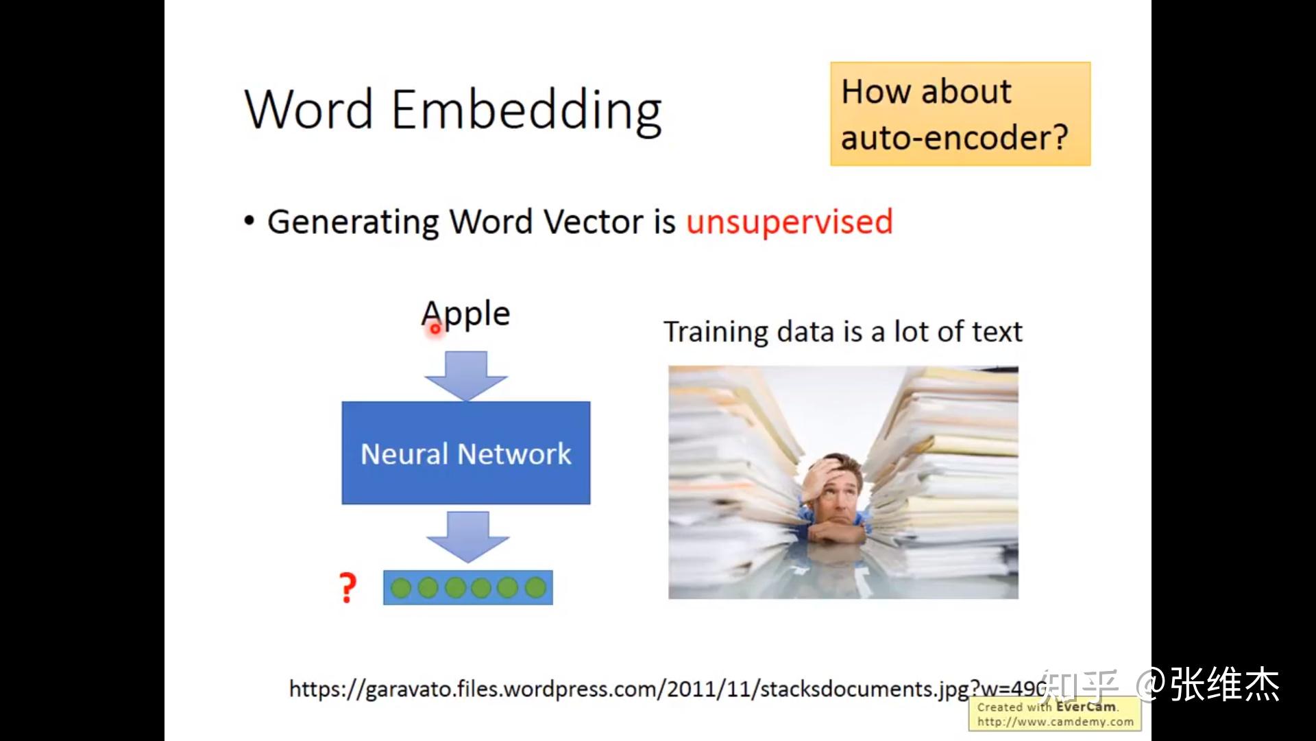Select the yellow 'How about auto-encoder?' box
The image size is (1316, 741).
(x=960, y=114)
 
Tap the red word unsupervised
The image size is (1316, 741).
(x=789, y=222)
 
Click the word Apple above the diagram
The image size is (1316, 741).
(x=466, y=314)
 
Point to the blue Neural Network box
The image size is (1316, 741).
(x=466, y=453)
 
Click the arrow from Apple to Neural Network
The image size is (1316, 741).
(x=466, y=375)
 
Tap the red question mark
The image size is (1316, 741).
(x=348, y=588)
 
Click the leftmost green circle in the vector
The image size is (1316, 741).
(x=401, y=588)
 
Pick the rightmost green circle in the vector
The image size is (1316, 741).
(x=535, y=588)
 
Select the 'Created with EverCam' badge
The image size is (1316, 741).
(x=1054, y=714)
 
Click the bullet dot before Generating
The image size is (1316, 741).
(x=249, y=222)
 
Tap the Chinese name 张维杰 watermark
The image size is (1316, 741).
(x=1224, y=684)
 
